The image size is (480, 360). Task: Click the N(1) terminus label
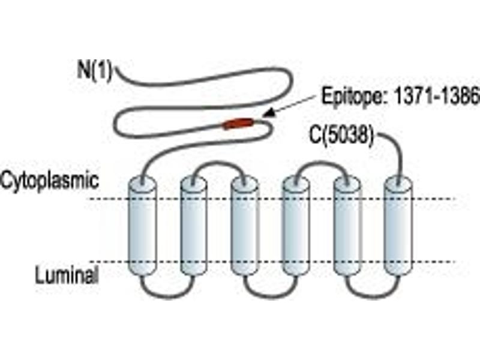pyautogui.click(x=95, y=70)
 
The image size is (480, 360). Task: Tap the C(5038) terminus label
pyautogui.click(x=341, y=135)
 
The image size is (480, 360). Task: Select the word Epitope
pyautogui.click(x=354, y=96)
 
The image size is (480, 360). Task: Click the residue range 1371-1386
pyautogui.click(x=436, y=96)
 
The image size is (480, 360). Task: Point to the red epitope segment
pyautogui.click(x=238, y=124)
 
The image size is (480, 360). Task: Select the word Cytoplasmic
pyautogui.click(x=50, y=181)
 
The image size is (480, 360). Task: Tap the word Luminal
pyautogui.click(x=67, y=275)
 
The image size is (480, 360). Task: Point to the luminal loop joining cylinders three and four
pyautogui.click(x=271, y=296)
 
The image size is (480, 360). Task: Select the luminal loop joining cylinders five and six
pyautogui.click(x=373, y=296)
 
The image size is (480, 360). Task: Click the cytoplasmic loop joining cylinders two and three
pyautogui.click(x=218, y=163)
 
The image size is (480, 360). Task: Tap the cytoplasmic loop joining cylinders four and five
pyautogui.click(x=322, y=163)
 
